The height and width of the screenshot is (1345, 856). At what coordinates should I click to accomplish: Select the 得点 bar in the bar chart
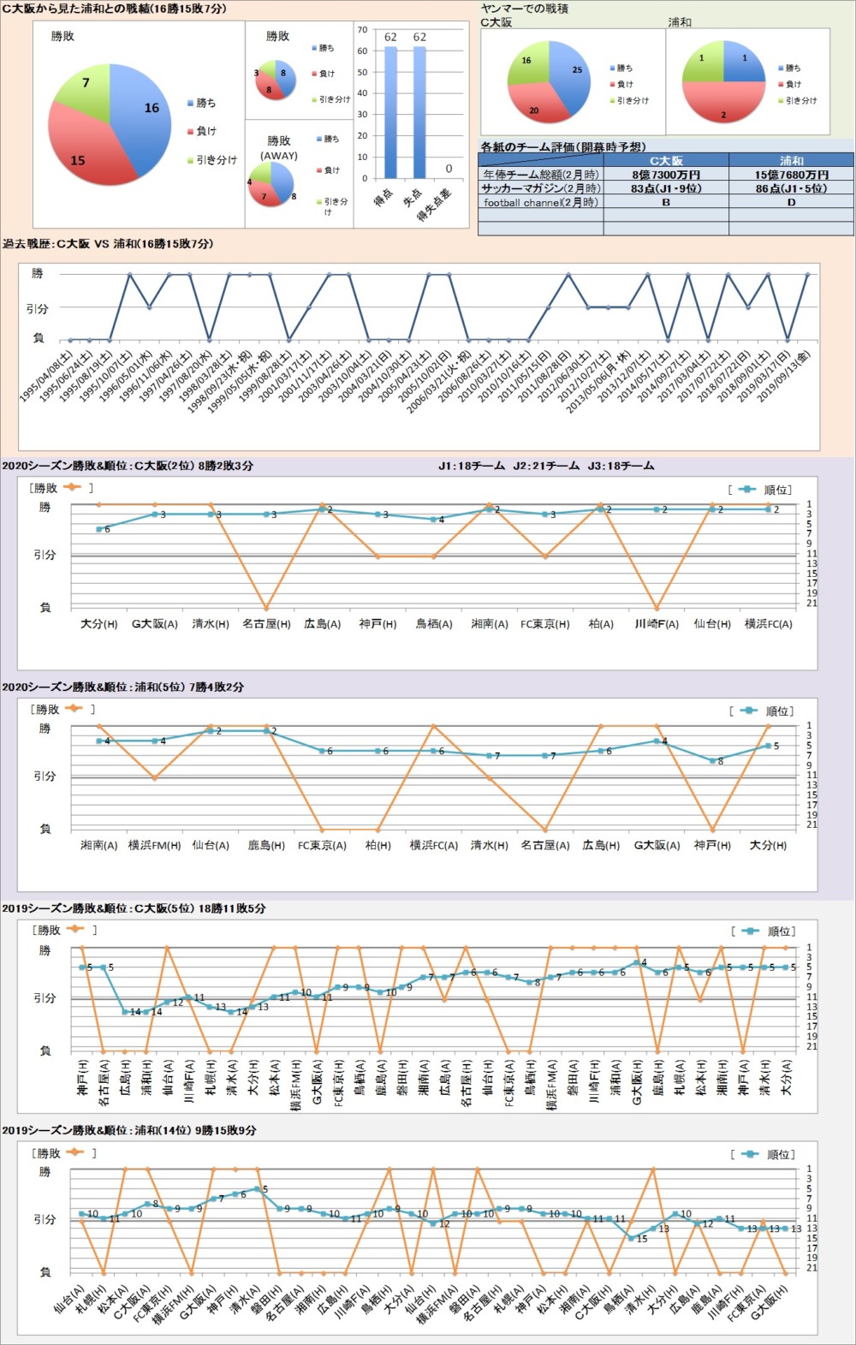(x=390, y=111)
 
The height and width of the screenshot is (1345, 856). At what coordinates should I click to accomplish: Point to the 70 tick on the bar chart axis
(x=362, y=30)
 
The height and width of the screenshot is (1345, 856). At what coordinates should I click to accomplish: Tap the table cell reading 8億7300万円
(x=666, y=175)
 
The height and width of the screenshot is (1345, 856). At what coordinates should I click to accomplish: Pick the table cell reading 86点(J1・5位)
(x=791, y=188)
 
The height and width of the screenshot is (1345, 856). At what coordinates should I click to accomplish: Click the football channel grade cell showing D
(x=791, y=203)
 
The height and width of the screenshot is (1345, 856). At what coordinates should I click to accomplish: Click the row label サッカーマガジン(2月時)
(x=541, y=188)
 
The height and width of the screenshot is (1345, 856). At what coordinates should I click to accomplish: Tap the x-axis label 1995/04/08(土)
(x=46, y=376)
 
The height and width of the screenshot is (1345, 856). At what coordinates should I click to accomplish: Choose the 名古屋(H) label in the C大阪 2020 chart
(x=266, y=624)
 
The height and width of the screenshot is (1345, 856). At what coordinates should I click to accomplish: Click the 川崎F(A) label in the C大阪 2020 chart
(x=657, y=624)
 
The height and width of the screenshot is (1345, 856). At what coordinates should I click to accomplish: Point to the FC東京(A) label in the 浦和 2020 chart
(x=322, y=845)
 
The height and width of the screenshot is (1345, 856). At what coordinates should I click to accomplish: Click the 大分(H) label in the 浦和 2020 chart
(x=768, y=845)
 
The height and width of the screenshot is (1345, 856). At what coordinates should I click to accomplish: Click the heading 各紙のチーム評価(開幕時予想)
(x=562, y=147)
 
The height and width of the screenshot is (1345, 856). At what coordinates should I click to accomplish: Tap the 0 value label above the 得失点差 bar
(x=449, y=169)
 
